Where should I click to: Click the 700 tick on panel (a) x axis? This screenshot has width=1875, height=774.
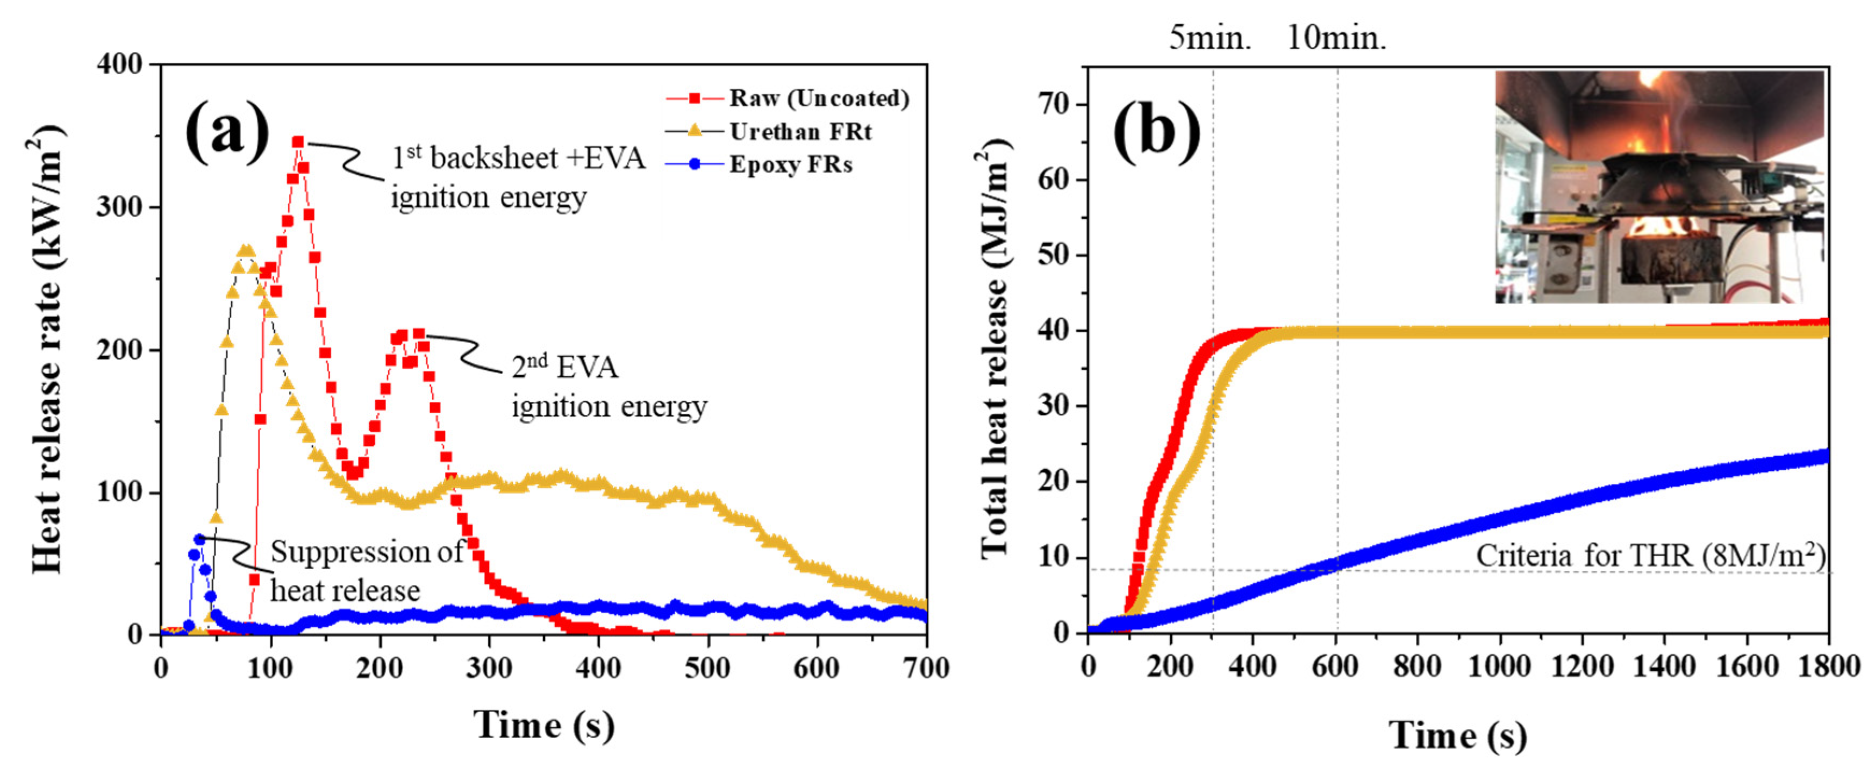point(926,668)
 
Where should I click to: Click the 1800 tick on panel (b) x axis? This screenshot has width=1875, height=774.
point(1828,666)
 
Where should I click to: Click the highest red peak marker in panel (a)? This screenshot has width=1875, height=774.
point(298,142)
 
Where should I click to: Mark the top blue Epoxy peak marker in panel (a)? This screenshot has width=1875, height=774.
point(199,539)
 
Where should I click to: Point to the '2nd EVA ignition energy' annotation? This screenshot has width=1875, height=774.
point(609,386)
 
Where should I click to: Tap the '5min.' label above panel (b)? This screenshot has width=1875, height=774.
point(1210,37)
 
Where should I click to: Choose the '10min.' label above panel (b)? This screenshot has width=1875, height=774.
point(1336,37)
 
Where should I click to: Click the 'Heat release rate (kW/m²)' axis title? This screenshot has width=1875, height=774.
point(48,349)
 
